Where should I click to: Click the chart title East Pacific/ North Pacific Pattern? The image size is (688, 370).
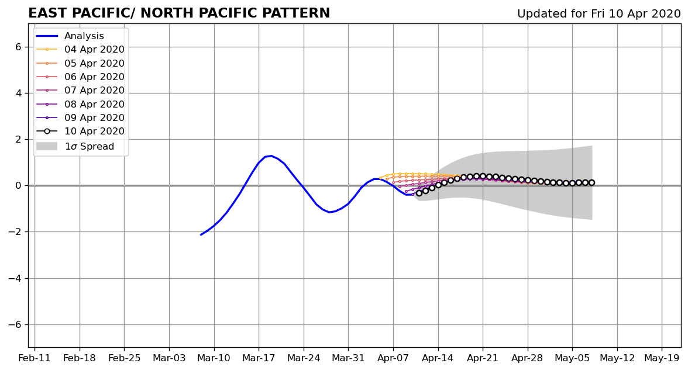point(179,13)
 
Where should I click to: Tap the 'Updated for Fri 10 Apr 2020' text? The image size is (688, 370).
point(599,14)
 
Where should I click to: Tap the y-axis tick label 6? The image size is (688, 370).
point(19,47)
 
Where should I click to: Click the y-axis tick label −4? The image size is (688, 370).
point(15,278)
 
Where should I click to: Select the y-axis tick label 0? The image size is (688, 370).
point(19,185)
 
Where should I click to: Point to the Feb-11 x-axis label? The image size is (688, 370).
point(35,358)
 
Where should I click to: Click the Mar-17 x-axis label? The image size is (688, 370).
point(259,358)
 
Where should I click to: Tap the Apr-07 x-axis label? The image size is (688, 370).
point(393,358)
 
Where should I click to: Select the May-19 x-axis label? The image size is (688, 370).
point(662,358)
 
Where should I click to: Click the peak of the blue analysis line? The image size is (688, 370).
point(271,155)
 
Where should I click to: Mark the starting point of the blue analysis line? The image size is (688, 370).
point(201,235)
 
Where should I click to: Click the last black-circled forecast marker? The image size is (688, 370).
point(591,182)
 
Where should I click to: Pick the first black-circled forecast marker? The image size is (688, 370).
point(419,193)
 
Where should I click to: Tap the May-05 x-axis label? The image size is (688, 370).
point(572,358)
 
